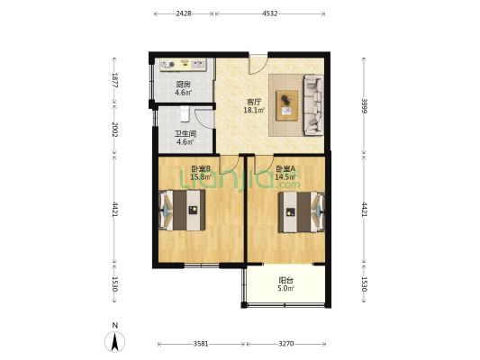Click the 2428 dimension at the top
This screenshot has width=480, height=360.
point(184,13)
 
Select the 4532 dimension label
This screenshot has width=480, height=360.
point(269,13)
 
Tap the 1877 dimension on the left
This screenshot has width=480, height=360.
point(114,80)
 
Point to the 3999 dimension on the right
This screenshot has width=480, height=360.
point(364,105)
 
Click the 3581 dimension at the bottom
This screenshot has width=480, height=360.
point(201,344)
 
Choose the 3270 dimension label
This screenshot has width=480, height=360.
point(286,344)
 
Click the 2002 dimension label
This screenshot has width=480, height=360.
point(114,130)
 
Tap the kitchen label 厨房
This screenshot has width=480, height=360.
point(183,85)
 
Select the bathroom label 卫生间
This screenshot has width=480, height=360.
point(186,134)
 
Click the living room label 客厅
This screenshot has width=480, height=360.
point(254,102)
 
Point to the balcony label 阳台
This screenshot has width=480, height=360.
point(285,280)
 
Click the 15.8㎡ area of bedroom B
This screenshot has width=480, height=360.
point(201,176)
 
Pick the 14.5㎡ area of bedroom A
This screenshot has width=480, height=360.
point(285,176)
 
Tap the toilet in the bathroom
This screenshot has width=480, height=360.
point(185,113)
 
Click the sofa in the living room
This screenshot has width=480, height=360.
point(313,105)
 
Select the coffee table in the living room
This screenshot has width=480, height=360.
point(286,105)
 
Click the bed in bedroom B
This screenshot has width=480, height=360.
point(183,210)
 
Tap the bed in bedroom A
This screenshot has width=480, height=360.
point(301,211)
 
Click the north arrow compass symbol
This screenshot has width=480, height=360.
point(114,342)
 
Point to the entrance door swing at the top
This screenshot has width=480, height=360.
point(258,65)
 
